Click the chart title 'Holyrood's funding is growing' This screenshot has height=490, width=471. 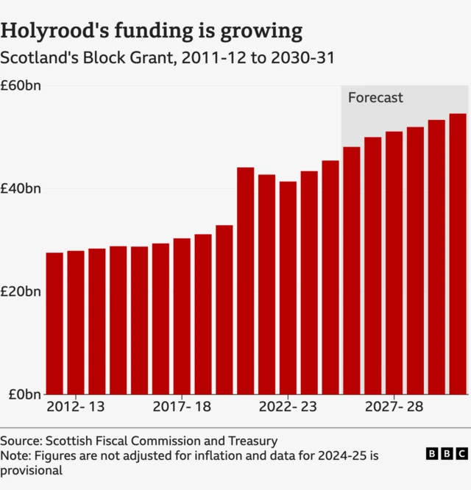pyautogui.click(x=152, y=30)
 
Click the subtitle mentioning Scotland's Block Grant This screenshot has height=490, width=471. pyautogui.click(x=167, y=57)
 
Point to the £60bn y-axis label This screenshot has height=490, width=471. pyautogui.click(x=21, y=86)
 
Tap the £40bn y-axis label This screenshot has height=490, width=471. pyautogui.click(x=21, y=189)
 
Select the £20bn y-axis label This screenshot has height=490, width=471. pyautogui.click(x=21, y=291)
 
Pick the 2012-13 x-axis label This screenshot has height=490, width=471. pyautogui.click(x=76, y=407)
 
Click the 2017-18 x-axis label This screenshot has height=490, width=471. pyautogui.click(x=182, y=407)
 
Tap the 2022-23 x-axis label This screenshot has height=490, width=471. pyautogui.click(x=288, y=407)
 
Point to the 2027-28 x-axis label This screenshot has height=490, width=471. pyautogui.click(x=394, y=407)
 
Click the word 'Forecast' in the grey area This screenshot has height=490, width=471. pyautogui.click(x=375, y=98)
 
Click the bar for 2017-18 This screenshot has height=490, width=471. pyautogui.click(x=182, y=316)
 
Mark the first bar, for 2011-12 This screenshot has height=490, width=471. pyautogui.click(x=54, y=323)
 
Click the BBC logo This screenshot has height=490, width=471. pyautogui.click(x=446, y=454)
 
